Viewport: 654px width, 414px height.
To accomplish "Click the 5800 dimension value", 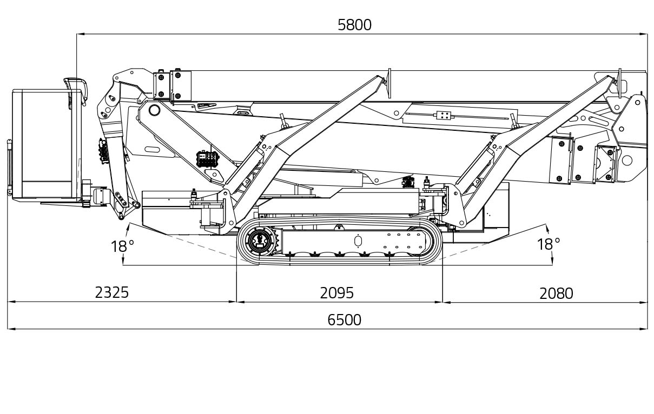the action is pos(354,25).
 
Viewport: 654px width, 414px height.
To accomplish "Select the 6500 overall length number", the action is pos(344,320).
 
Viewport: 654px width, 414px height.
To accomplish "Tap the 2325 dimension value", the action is pos(112,292).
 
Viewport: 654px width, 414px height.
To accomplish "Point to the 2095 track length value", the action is pos(336,293).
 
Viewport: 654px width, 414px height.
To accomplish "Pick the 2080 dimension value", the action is pos(556,293).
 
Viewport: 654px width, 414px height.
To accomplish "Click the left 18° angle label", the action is pos(122,246).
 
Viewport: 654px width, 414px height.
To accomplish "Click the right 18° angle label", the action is pos(549,244).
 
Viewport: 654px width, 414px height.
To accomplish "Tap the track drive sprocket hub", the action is pos(260,241).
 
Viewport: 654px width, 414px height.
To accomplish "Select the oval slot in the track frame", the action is pos(358,241).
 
